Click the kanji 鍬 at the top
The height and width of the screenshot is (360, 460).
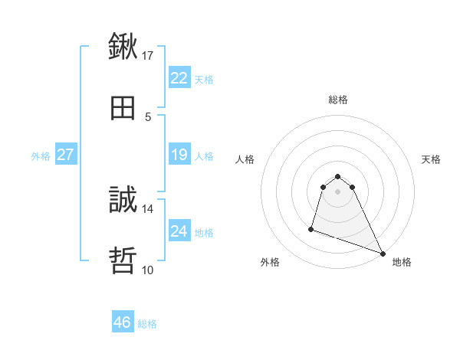pos(123,47)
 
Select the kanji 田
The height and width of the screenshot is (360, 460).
pos(123,108)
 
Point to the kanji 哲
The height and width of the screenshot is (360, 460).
pos(123,260)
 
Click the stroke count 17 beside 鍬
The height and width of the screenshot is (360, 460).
pos(148,55)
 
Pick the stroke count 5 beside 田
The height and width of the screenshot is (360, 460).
pos(148,116)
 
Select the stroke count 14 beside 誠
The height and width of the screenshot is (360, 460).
pos(148,208)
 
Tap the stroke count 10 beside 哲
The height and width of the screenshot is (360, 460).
pos(148,270)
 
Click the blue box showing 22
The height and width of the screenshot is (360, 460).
pos(179,78)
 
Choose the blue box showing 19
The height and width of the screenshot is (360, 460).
pos(179,155)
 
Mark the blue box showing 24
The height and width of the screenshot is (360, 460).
pos(179,231)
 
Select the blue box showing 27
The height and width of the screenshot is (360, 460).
pos(66,155)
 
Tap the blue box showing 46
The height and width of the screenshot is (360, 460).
pos(123,322)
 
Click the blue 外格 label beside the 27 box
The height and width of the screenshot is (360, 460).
pos(41,155)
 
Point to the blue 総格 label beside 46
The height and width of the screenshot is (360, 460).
pos(147,324)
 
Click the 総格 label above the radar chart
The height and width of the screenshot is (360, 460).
pos(338,100)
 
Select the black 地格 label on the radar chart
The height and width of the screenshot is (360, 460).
pos(402,262)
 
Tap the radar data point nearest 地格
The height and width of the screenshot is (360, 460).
pos(382,254)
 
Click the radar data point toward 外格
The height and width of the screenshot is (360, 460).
pos(311,228)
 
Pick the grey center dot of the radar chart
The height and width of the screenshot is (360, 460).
pos(338,191)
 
